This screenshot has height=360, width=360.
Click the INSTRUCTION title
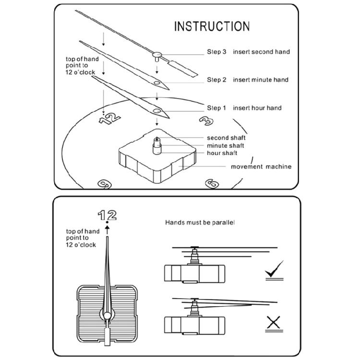tap(212, 26)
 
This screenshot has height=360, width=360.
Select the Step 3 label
tap(216, 52)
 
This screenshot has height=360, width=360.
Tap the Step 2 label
tap(216, 80)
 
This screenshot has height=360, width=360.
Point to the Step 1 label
tap(216, 108)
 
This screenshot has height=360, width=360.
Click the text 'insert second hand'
tap(262, 52)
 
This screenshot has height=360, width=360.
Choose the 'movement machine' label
tap(261, 167)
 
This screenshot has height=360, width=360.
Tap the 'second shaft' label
tap(226, 138)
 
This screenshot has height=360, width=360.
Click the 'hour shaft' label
tap(222, 153)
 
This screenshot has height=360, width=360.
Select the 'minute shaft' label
tap(225, 145)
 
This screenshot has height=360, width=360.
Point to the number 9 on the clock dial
tap(104, 183)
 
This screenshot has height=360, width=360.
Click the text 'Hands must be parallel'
tap(200, 223)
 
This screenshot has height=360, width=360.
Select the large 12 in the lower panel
tap(107, 215)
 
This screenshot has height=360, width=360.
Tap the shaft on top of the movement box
tap(156, 144)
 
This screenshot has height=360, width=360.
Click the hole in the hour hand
tap(157, 111)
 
